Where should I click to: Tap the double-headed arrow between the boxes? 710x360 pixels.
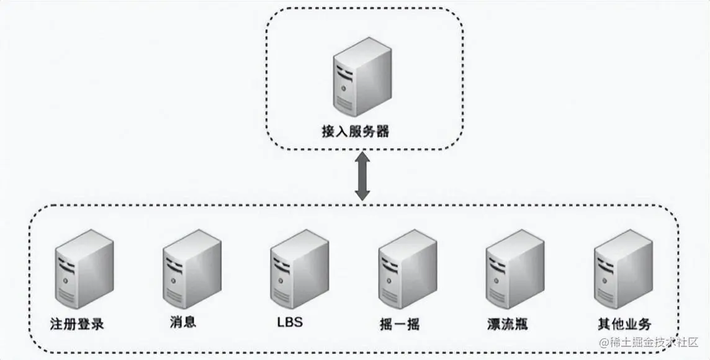(362, 178)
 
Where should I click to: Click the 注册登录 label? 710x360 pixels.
(77, 323)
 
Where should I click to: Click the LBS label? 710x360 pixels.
(290, 323)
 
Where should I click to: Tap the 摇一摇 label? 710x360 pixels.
(398, 323)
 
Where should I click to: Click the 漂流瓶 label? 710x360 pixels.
(507, 323)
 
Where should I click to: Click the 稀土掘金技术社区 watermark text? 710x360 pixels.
(654, 342)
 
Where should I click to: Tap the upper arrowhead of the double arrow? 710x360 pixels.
(362, 161)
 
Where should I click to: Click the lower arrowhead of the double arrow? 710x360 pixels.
(362, 195)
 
